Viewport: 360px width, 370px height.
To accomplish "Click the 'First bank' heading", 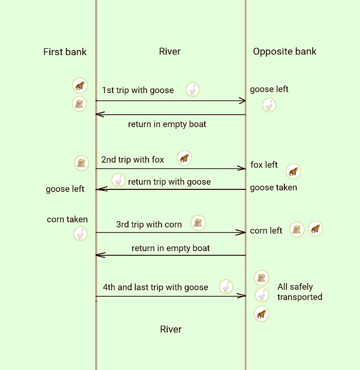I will coord(65,51).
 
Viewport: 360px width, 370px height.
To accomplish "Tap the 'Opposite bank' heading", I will coord(284,51).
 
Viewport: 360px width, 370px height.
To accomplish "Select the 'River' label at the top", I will coord(170,51).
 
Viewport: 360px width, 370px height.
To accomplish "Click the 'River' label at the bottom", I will coord(171,329).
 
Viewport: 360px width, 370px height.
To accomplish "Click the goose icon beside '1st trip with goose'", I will coord(192,90).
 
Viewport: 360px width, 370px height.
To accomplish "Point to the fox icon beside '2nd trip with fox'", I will coord(184,158).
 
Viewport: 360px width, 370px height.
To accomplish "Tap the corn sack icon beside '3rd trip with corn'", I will coord(198,223).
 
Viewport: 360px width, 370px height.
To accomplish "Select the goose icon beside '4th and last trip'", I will coord(226,287).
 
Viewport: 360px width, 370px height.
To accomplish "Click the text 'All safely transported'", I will coord(299,292).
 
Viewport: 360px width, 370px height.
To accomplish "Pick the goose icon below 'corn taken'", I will coord(80,234).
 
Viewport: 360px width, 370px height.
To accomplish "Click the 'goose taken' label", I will coord(273,188).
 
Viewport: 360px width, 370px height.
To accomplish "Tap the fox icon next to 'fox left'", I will coord(293,171).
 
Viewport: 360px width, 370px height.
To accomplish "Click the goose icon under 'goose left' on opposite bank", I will coord(269,105).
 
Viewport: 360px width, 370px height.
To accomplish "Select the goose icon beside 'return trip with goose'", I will coord(119,180).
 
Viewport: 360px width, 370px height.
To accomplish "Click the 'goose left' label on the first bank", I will coord(65,189).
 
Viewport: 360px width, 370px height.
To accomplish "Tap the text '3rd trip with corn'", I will coord(149,224).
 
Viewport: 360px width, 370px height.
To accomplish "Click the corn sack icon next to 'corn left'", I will coord(297,230).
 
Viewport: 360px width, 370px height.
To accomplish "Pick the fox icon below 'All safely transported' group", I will coord(262,314).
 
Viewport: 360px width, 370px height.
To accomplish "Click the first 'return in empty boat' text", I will coord(167,124).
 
